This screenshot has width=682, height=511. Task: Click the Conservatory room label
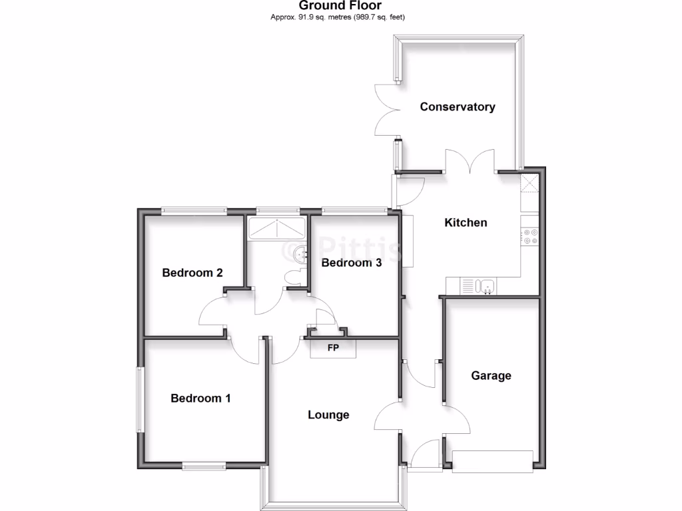coord(458,106)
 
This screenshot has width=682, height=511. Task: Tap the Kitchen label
coord(466,222)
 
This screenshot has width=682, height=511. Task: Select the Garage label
coord(492,375)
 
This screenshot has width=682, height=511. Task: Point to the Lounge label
coord(328,415)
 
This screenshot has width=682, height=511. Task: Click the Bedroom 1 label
coord(200,398)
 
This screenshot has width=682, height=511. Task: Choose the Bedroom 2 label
coord(192,272)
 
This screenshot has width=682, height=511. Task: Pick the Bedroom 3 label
coord(351,262)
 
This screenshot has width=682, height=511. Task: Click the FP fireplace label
coord(334,347)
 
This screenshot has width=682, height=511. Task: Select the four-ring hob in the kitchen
coord(531,236)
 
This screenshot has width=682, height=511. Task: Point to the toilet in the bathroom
coord(294,277)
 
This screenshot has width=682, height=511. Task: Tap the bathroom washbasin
coord(302,253)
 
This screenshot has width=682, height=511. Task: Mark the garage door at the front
coord(492,461)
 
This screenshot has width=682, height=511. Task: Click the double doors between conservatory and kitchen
coord(470,162)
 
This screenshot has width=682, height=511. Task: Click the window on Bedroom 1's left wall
coord(140,399)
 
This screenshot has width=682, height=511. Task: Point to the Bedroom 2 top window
coord(193,212)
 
